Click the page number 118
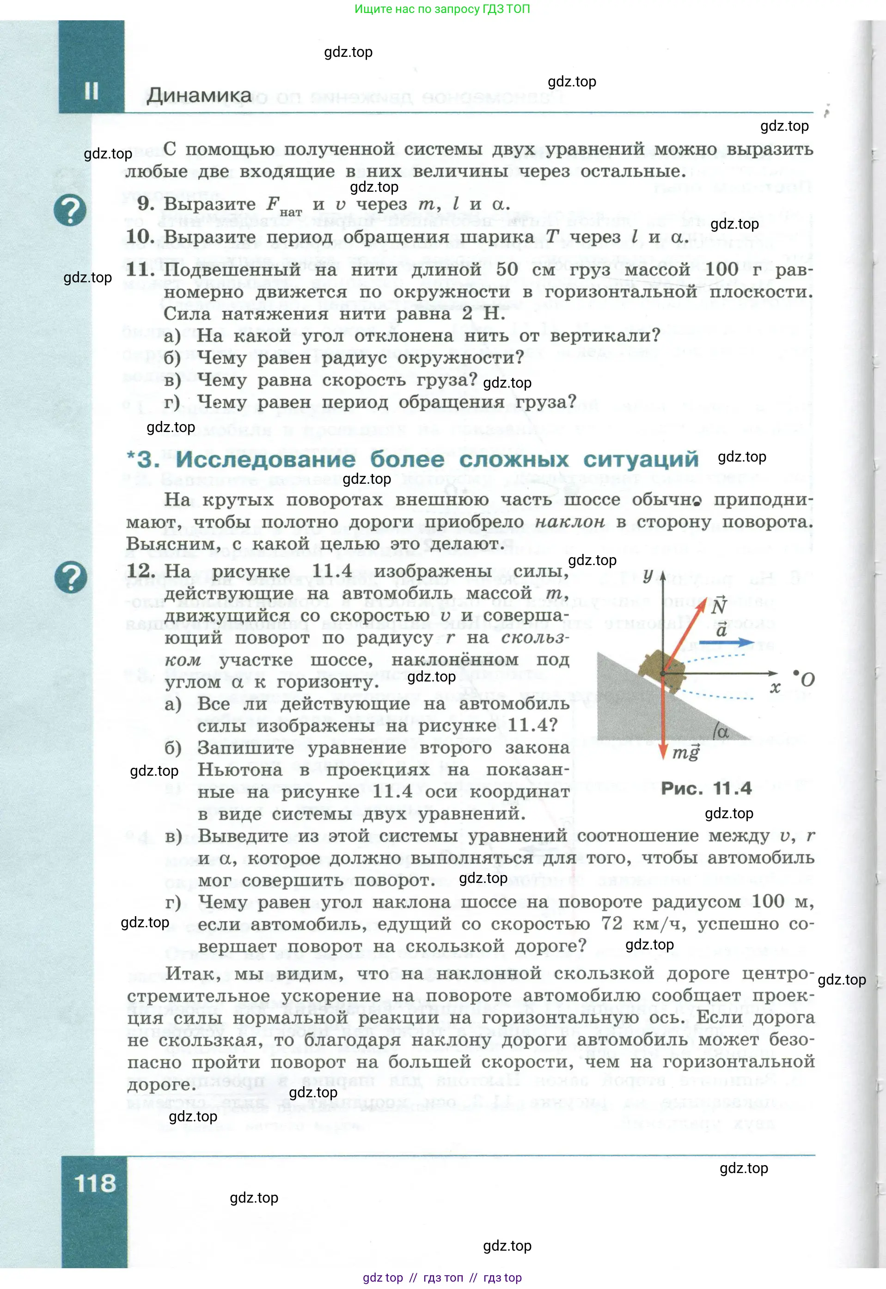click(x=96, y=1183)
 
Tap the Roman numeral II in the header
click(x=91, y=91)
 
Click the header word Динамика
click(x=199, y=96)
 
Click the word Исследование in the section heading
click(x=265, y=459)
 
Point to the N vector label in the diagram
click(x=718, y=605)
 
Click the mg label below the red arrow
click(x=685, y=753)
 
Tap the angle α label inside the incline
click(x=722, y=732)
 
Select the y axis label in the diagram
click(x=648, y=576)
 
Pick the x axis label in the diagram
click(x=775, y=688)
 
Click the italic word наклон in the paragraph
click(x=569, y=522)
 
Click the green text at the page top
click(x=442, y=9)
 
